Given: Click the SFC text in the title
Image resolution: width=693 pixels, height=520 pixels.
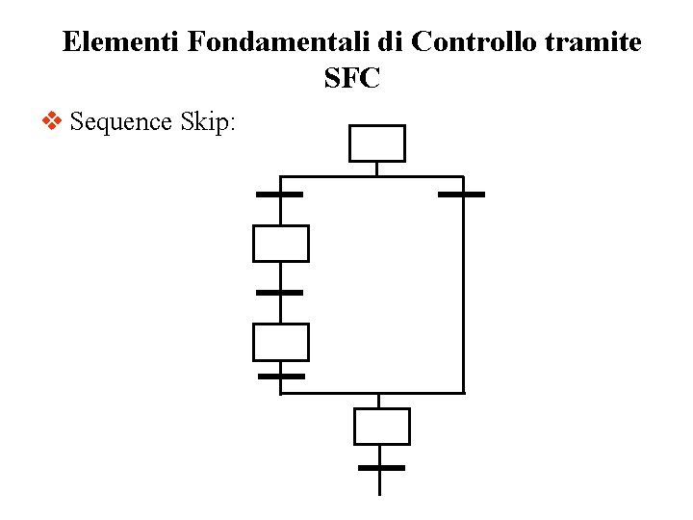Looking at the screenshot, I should click(352, 79).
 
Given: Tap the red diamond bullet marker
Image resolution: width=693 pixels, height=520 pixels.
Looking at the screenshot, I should click(53, 121).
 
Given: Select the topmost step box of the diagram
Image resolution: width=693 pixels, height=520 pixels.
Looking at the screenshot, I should click(376, 143).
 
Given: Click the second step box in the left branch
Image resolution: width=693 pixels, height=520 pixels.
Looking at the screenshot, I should click(280, 244).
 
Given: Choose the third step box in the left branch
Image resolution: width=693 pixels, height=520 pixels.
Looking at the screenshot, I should click(280, 342).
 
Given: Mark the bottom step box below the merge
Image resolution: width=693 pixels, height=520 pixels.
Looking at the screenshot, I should click(381, 427).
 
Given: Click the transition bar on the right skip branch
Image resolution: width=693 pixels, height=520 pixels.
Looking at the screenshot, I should click(461, 195).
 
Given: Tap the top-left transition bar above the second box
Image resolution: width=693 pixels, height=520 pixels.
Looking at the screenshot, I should click(280, 195).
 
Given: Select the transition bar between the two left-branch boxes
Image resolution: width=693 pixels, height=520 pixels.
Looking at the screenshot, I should click(280, 292).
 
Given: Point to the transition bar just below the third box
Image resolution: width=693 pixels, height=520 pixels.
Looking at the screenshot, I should click(281, 376).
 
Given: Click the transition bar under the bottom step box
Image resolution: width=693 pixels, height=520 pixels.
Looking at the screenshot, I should click(381, 467).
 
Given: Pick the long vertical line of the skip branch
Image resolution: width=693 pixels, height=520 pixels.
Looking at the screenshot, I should click(463, 289).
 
